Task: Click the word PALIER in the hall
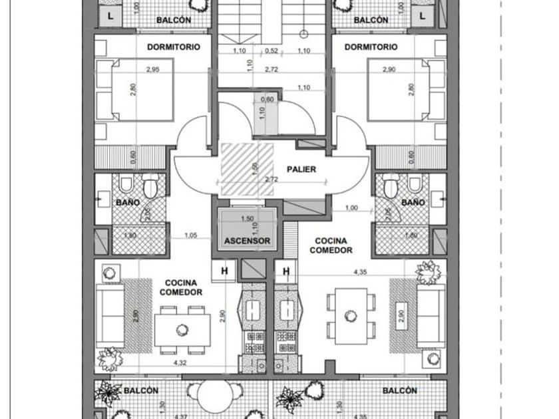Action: point(301,170)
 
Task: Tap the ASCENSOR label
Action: point(247,241)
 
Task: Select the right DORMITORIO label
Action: point(371,47)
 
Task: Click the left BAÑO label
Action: point(127,202)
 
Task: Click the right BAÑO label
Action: point(413,202)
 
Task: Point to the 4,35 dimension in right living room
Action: point(360,271)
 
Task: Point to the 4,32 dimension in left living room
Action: point(180,363)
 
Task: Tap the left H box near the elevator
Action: point(224,271)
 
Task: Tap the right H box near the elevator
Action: point(287,271)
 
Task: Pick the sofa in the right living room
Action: point(431,314)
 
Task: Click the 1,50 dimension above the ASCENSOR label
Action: point(248,219)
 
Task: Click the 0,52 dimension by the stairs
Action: point(271,51)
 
